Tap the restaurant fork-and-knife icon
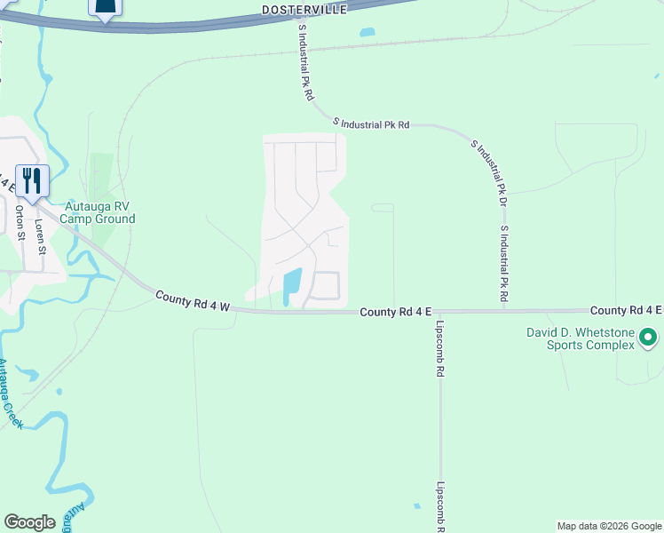pyautogui.click(x=32, y=180)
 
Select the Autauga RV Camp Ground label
pyautogui.click(x=98, y=212)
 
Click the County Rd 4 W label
pyautogui.click(x=193, y=301)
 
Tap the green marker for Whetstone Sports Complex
pyautogui.click(x=648, y=338)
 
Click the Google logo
pyautogui.click(x=29, y=522)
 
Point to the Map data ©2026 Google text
pyautogui.click(x=609, y=526)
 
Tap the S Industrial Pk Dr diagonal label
pyautogui.click(x=488, y=166)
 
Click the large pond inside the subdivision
pyautogui.click(x=291, y=286)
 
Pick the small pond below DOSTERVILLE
pyautogui.click(x=367, y=33)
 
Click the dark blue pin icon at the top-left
pyautogui.click(x=105, y=8)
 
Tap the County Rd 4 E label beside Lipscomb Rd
pyautogui.click(x=396, y=312)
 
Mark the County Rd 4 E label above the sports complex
pyautogui.click(x=626, y=310)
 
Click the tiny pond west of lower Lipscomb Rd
pyautogui.click(x=416, y=506)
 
